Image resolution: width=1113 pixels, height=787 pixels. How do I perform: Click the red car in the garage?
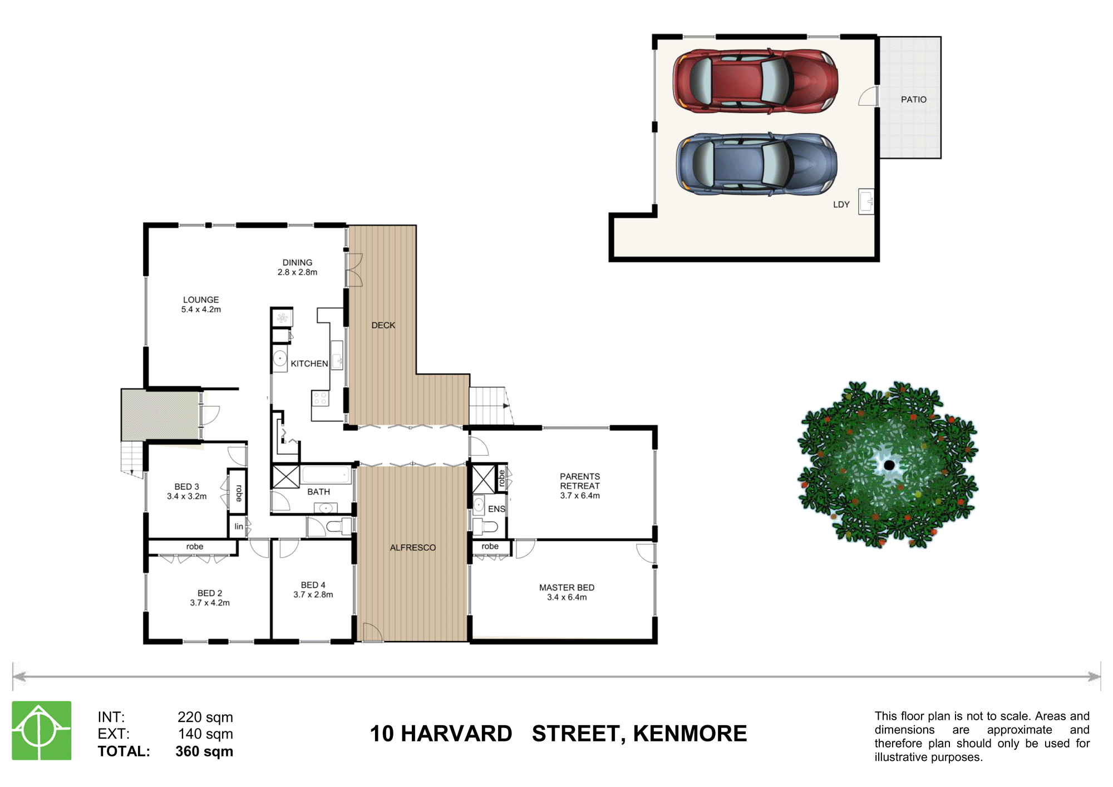click(x=755, y=81)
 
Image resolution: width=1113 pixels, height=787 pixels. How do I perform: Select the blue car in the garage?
click(x=756, y=164)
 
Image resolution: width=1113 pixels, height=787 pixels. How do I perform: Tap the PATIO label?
click(x=913, y=100)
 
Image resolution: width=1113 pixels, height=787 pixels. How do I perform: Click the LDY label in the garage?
click(x=841, y=205)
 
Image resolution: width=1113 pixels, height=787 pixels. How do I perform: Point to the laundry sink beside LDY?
click(x=866, y=201)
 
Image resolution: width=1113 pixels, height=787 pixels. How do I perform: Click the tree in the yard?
click(x=888, y=465)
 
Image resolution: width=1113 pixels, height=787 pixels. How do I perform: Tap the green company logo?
click(x=42, y=730)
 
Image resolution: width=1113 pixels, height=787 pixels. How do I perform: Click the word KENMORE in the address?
click(x=690, y=734)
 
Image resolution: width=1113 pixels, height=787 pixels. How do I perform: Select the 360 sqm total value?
click(x=204, y=751)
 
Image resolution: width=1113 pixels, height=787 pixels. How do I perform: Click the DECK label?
click(x=383, y=325)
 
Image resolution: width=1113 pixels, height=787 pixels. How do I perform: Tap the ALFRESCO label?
click(x=412, y=548)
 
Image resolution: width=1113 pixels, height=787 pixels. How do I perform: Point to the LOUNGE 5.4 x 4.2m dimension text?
click(x=201, y=309)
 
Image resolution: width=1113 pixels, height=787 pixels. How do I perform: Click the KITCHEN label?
click(x=309, y=363)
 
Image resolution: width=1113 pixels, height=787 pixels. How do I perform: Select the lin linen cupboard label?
click(x=239, y=527)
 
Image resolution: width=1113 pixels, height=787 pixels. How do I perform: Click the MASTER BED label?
click(x=567, y=588)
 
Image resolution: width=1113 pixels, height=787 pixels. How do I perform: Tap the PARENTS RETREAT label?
click(x=579, y=481)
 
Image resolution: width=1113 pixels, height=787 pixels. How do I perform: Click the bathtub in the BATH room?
click(x=326, y=475)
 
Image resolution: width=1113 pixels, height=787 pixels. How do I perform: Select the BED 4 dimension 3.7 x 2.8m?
click(x=313, y=594)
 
